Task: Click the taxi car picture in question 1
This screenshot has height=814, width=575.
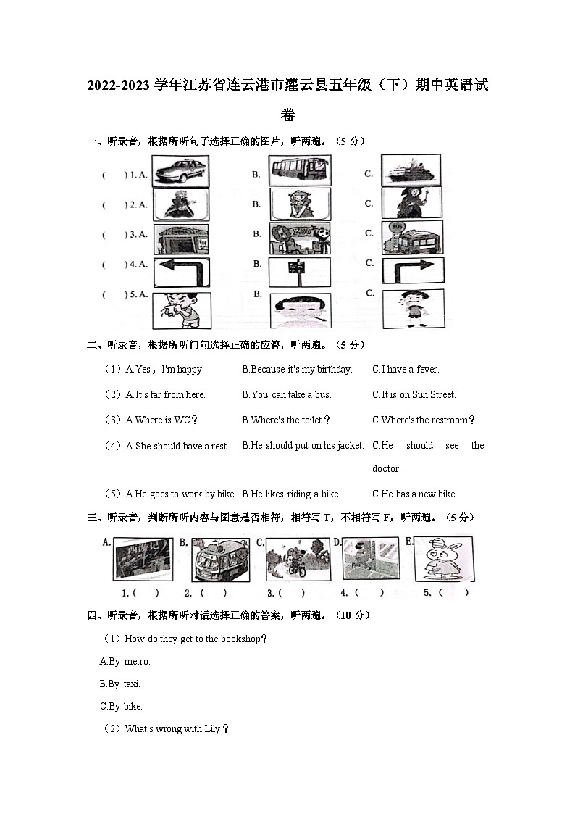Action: tap(180, 172)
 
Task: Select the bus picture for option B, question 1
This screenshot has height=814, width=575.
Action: tap(300, 172)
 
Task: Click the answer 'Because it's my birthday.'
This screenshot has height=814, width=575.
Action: tap(297, 370)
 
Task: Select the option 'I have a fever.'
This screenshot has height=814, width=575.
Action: tap(406, 370)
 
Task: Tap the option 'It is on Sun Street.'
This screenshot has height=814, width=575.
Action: tap(414, 395)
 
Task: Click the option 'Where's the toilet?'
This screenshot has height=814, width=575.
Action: tap(286, 420)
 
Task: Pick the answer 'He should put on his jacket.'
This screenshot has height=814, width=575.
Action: tap(303, 446)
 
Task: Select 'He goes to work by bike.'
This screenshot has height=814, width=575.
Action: tap(181, 494)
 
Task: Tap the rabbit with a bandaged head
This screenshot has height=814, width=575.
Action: tap(443, 559)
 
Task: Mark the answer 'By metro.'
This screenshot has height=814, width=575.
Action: tap(125, 662)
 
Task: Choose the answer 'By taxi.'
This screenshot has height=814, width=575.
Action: tap(120, 684)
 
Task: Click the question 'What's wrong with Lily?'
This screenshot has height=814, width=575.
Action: tap(177, 729)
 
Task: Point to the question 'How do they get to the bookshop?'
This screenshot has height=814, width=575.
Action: tap(196, 639)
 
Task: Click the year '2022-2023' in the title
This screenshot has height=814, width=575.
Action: tap(119, 86)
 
